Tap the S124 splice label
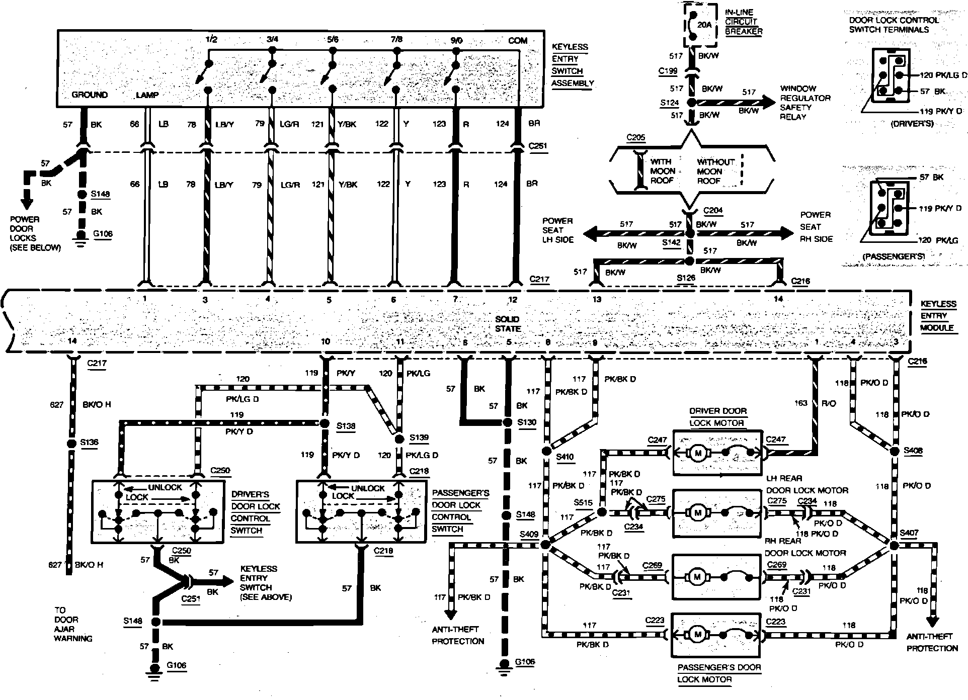pyautogui.click(x=669, y=103)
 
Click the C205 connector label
pyautogui.click(x=635, y=138)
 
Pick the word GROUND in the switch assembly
pyautogui.click(x=90, y=95)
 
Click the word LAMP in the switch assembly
pyautogui.click(x=147, y=95)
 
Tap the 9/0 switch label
pyautogui.click(x=455, y=40)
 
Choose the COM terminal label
pyautogui.click(x=517, y=40)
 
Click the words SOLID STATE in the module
pyautogui.click(x=507, y=324)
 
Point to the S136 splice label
pyautogui.click(x=89, y=443)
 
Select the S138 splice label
pyautogui.click(x=346, y=426)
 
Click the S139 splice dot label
pyautogui.click(x=419, y=437)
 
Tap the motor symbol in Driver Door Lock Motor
pyautogui.click(x=698, y=454)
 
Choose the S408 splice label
pyautogui.click(x=913, y=451)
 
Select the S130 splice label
pyautogui.click(x=527, y=422)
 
